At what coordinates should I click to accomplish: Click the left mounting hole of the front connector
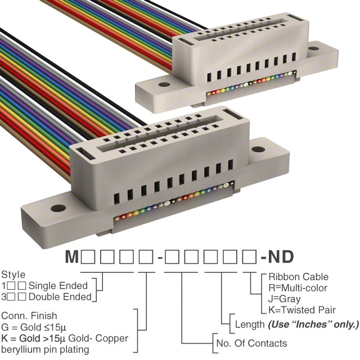tap(58, 208)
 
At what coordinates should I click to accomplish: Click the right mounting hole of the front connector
tap(258, 149)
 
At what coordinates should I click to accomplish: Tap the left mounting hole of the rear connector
tap(164, 84)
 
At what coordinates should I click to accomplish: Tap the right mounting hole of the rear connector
tap(313, 48)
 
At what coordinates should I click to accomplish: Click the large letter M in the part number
tap(72, 256)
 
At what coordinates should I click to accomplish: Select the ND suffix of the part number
tap(281, 256)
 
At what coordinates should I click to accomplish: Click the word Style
tap(13, 275)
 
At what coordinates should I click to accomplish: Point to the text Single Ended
tap(58, 286)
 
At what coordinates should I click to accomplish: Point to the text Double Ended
tap(60, 297)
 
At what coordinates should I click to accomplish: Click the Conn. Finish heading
tap(29, 316)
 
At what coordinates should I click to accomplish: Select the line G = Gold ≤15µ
tap(34, 327)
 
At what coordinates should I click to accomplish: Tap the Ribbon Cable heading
tap(299, 277)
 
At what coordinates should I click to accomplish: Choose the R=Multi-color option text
tap(298, 288)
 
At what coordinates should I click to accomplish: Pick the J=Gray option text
tap(285, 299)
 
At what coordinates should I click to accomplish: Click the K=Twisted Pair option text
tap(302, 310)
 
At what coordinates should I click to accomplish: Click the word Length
tap(250, 325)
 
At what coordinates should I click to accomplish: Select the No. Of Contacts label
tap(251, 344)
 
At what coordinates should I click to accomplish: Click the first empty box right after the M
tap(88, 256)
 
